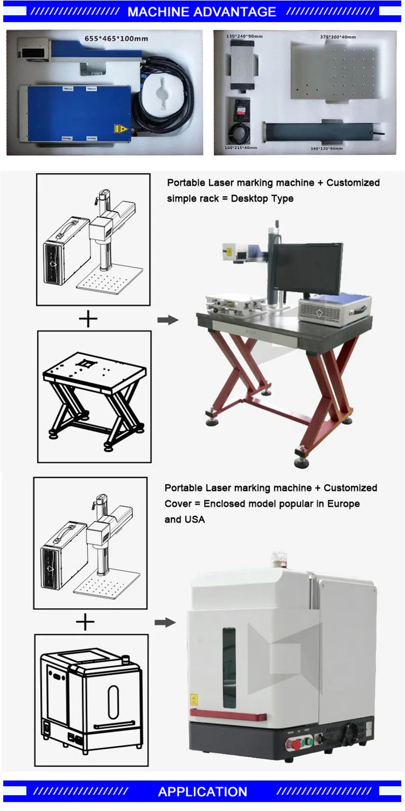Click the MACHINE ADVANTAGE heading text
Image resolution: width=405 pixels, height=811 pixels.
202,11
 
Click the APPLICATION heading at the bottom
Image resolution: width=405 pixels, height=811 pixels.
202,792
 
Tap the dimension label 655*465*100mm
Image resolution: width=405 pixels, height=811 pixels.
116,39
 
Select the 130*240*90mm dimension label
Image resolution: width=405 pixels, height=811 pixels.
245,36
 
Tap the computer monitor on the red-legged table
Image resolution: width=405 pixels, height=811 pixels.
306,269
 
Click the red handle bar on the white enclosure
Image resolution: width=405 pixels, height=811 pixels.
227,715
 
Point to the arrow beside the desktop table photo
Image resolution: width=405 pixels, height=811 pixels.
167,320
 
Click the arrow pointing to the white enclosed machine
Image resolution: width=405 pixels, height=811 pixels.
165,622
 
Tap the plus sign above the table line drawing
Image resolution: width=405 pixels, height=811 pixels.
89,319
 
